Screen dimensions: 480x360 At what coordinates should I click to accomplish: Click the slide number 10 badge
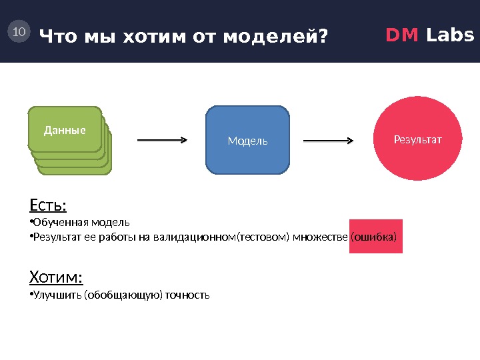19,31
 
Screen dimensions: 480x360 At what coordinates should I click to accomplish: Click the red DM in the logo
403,35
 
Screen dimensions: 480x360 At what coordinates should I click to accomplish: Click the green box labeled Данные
65,129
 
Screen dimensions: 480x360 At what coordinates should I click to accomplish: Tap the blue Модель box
248,140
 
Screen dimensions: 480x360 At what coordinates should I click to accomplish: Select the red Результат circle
418,139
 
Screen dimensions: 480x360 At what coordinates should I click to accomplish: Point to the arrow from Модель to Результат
329,141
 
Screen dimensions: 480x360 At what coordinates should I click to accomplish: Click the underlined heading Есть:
49,203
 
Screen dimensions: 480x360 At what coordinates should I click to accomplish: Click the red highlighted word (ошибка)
377,237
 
